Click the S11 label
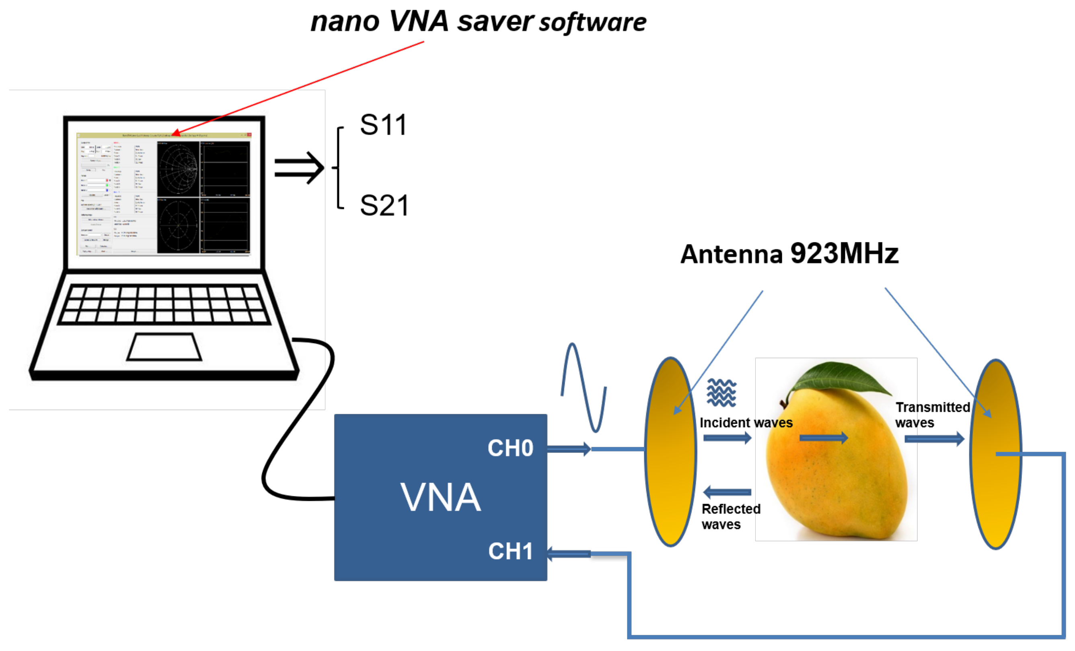click(383, 125)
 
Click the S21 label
click(384, 206)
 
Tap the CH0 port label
click(510, 448)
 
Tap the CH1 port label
click(510, 551)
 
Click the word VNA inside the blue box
click(441, 497)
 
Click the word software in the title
click(592, 23)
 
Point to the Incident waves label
click(746, 423)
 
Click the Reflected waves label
click(730, 517)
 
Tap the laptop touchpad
click(164, 347)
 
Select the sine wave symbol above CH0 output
click(583, 388)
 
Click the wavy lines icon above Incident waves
click(721, 393)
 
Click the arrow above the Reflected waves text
click(727, 492)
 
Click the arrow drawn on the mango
click(823, 438)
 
